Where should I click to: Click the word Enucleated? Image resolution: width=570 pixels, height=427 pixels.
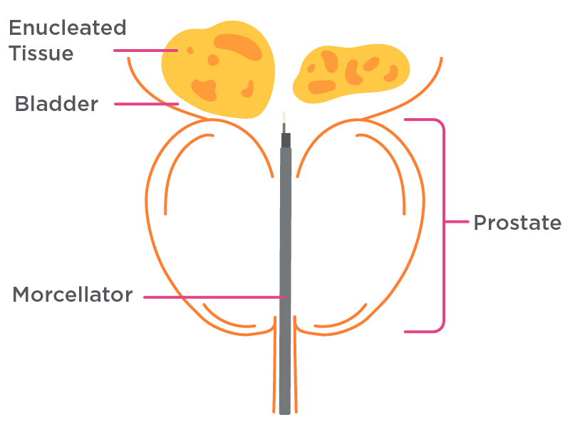click(x=68, y=28)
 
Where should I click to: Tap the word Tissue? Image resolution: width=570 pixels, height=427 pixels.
click(x=41, y=53)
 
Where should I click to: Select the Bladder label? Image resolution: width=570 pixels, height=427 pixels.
click(x=56, y=104)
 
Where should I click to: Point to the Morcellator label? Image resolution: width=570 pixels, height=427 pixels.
click(x=73, y=295)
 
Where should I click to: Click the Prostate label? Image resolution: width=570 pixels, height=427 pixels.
click(x=517, y=223)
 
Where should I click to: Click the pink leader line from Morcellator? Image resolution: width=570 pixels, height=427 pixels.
click(x=214, y=297)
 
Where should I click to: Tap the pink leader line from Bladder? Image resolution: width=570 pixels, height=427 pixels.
click(x=147, y=104)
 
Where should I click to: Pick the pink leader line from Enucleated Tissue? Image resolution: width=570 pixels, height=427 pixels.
click(x=146, y=51)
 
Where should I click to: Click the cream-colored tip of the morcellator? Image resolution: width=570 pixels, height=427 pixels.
click(x=284, y=117)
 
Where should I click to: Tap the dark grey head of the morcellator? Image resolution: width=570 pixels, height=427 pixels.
click(x=286, y=140)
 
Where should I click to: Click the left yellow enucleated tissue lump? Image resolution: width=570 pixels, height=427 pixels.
click(x=218, y=70)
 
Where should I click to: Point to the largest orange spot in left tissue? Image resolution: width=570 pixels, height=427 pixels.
click(x=238, y=47)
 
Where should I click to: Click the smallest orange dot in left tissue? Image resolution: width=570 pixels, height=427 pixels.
click(x=190, y=51)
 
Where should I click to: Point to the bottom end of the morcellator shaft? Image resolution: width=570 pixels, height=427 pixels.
click(x=284, y=413)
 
